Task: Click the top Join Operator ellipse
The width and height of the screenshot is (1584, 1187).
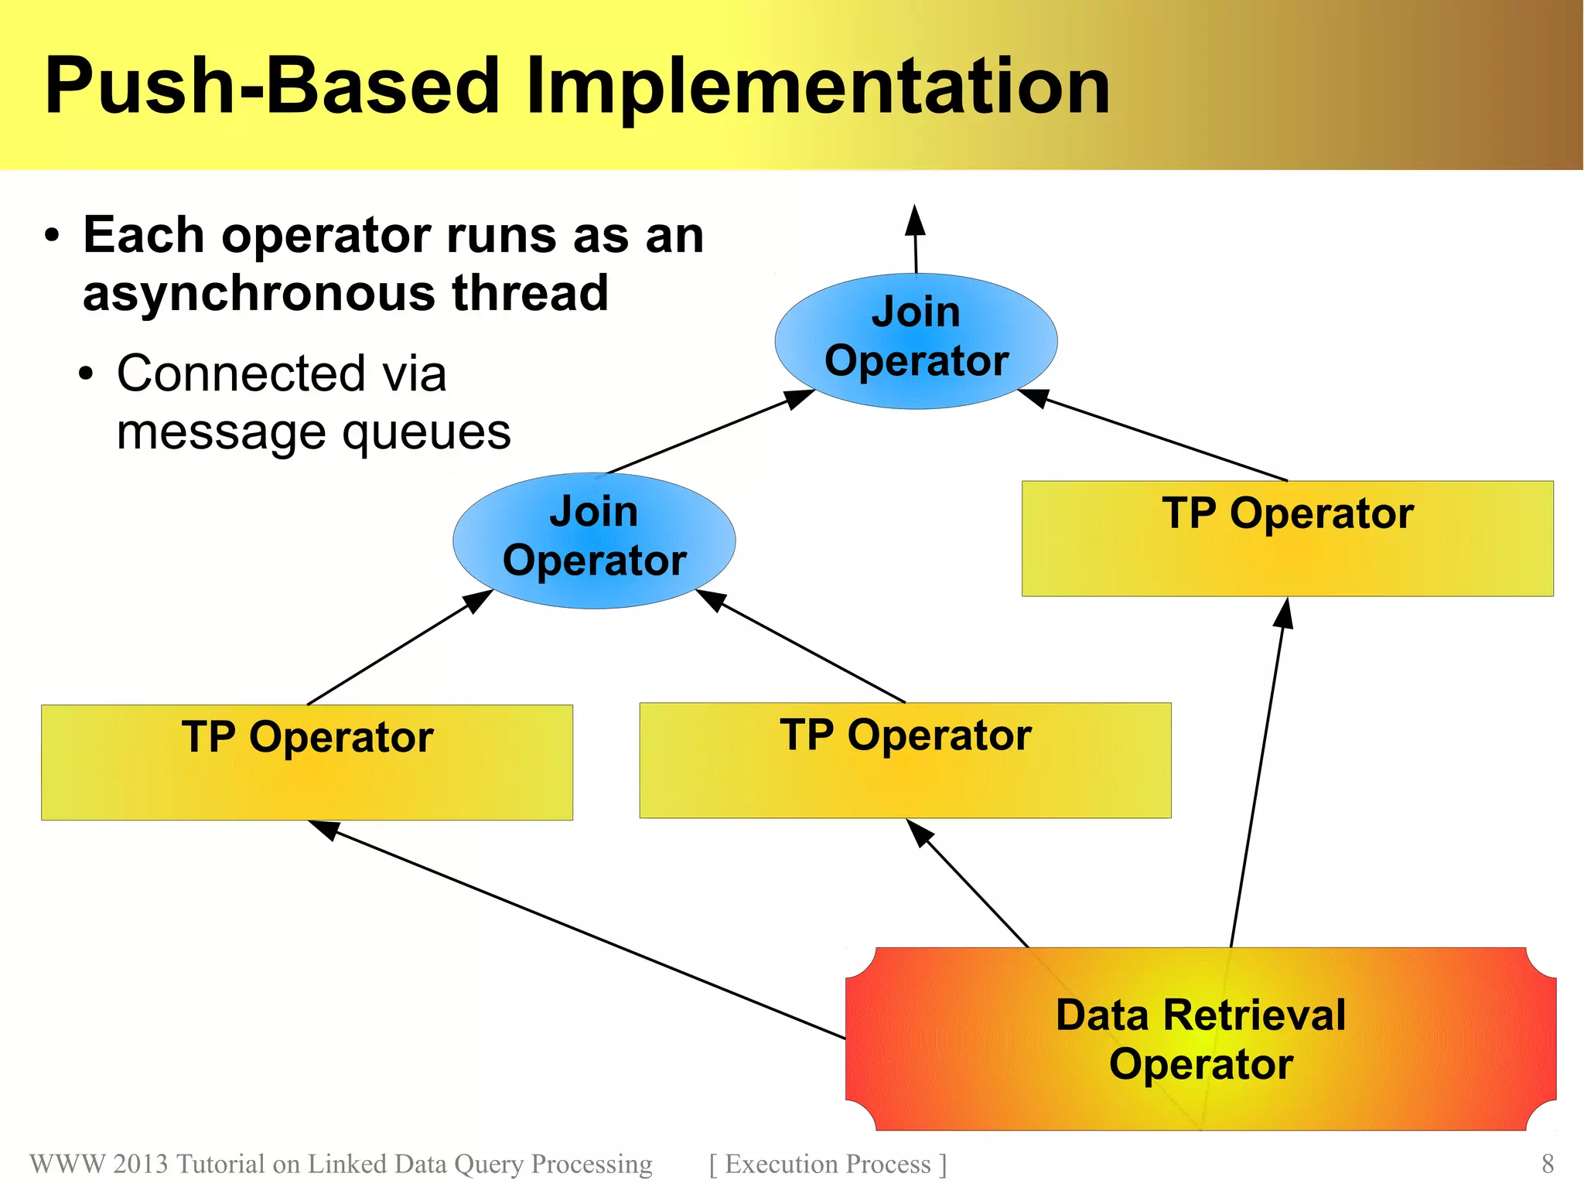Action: [x=916, y=340]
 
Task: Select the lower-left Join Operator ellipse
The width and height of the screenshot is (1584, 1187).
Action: [x=594, y=540]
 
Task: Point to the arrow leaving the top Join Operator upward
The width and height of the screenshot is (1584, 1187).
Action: [x=916, y=240]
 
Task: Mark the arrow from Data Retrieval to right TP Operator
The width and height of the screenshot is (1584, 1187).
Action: [x=1258, y=773]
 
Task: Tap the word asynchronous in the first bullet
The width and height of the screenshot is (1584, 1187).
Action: [x=259, y=294]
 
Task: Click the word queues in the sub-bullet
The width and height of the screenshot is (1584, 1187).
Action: [x=426, y=432]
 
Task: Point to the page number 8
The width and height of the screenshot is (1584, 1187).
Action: [x=1547, y=1163]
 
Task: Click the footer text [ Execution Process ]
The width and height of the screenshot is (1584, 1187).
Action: [x=828, y=1164]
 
